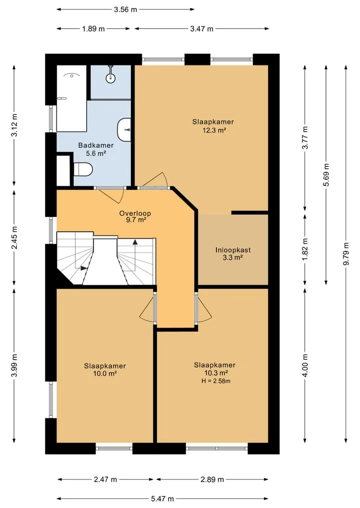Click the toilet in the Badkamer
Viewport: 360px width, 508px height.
coord(83,169)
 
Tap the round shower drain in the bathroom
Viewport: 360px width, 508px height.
coord(110,77)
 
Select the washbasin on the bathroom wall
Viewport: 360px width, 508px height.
coord(124,130)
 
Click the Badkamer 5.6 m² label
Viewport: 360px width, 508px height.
coord(96,149)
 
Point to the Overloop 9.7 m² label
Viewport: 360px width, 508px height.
coord(135,216)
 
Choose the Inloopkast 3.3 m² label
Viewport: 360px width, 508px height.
coord(233,254)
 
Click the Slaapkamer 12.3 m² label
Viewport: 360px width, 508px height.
coord(213,126)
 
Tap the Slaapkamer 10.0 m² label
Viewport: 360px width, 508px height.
coord(105,369)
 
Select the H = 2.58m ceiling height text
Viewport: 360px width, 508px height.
coord(216,381)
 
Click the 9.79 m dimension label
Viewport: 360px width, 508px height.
coord(346,254)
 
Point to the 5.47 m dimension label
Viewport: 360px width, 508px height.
coord(162,499)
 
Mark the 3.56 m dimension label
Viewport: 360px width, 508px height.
coord(125,9)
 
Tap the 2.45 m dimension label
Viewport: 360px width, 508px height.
coord(14,238)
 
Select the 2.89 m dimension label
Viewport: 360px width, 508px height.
coord(212,479)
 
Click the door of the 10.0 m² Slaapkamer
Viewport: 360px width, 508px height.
coord(147,309)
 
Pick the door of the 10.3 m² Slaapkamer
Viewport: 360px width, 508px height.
coord(203,309)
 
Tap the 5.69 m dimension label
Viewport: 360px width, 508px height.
coord(326,175)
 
